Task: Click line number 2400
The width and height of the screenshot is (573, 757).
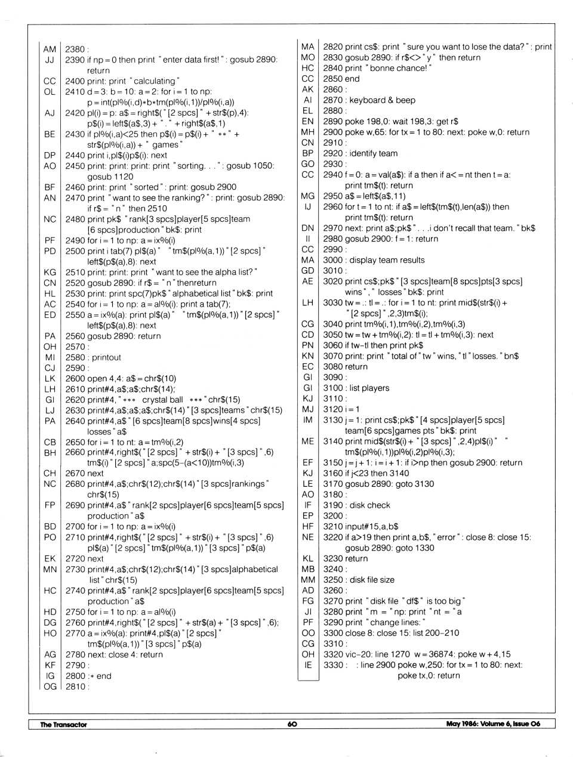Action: point(75,81)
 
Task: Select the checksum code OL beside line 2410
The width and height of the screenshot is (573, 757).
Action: point(50,92)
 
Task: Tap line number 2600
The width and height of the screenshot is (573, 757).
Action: point(75,378)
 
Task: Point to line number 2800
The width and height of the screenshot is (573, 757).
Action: point(75,676)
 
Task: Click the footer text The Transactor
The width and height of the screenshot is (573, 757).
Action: point(63,724)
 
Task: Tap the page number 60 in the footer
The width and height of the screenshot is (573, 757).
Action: point(292,724)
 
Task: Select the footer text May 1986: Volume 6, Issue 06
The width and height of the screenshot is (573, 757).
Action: point(493,724)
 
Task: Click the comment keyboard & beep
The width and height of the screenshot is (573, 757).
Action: point(382,100)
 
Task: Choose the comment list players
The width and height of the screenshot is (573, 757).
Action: point(369,388)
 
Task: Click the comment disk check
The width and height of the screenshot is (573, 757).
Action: point(370,505)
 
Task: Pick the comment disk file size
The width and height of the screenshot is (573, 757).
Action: point(372,580)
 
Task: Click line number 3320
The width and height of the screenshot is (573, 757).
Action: point(332,654)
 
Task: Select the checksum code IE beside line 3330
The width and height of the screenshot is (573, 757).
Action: point(308,665)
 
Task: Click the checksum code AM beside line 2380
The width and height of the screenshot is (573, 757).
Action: point(50,50)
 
